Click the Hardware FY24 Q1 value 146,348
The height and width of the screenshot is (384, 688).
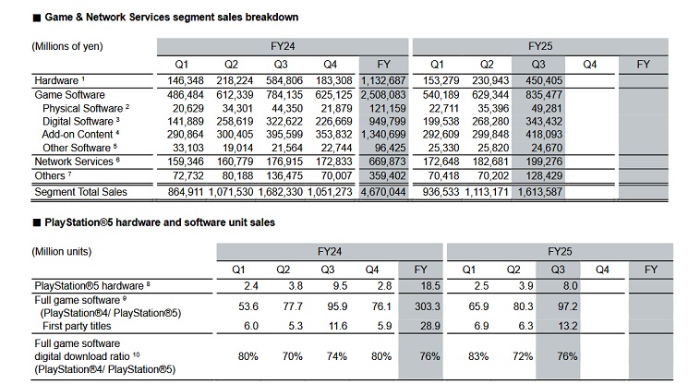[180, 81]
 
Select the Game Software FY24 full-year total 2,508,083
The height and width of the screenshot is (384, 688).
[380, 95]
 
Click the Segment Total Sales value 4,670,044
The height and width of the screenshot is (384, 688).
[380, 191]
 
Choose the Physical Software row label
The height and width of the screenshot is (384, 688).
[86, 108]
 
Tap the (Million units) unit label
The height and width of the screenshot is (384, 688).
[64, 251]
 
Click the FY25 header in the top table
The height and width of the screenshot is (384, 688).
[540, 43]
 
